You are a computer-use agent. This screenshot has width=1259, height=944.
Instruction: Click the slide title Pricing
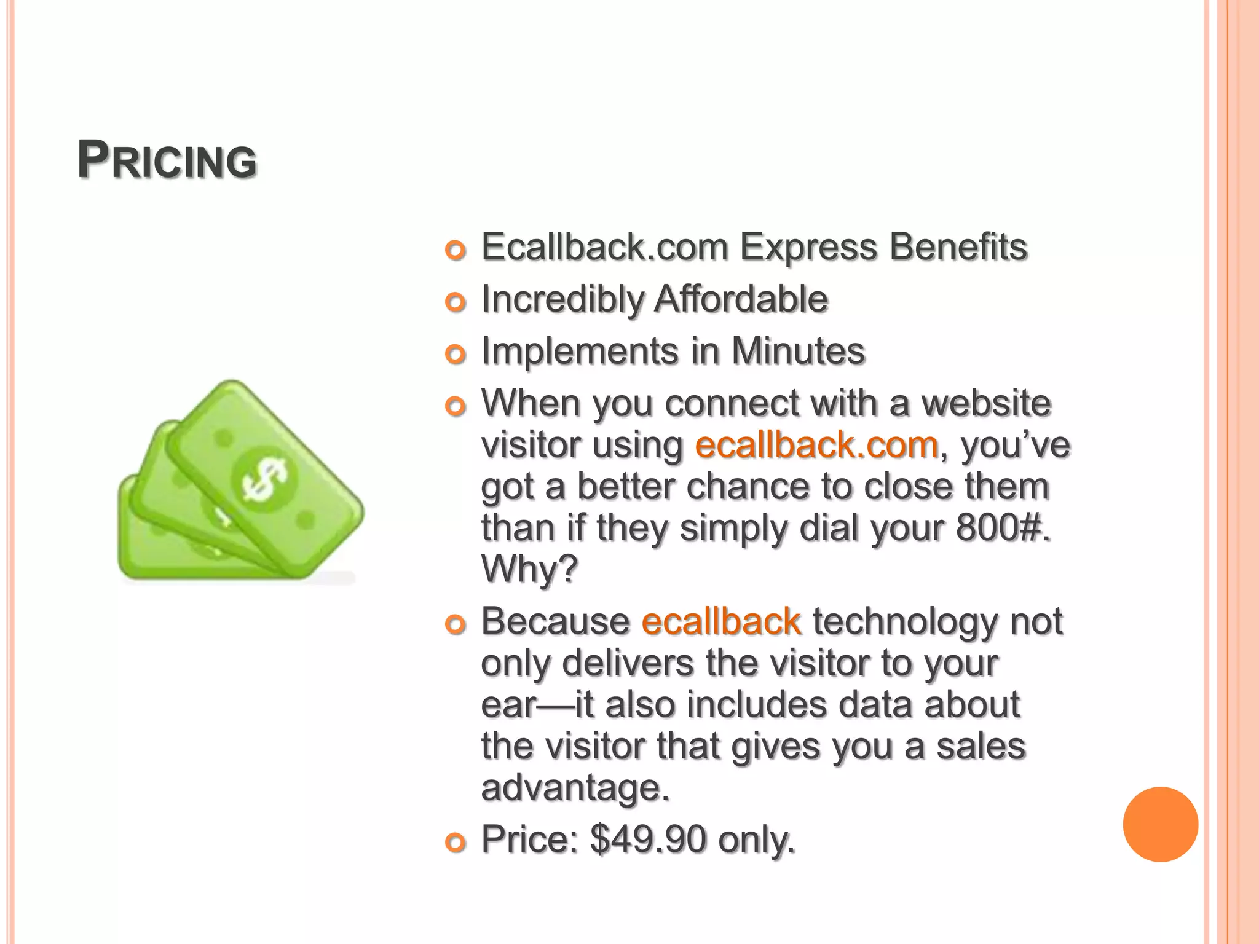tap(167, 161)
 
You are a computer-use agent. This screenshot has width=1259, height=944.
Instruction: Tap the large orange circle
tap(1160, 824)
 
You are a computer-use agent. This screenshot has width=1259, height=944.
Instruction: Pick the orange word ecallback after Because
tap(721, 621)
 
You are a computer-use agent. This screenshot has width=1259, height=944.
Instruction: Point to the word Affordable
tap(741, 299)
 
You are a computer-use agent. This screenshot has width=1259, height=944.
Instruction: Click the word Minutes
tap(798, 352)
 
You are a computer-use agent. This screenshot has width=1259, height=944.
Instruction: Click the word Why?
tap(529, 568)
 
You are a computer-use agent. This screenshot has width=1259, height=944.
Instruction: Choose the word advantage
tap(575, 787)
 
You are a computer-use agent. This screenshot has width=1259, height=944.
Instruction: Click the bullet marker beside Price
tap(456, 843)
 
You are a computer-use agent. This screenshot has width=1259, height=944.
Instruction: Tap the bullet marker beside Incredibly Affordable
tap(456, 302)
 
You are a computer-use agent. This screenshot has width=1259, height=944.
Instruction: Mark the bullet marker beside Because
tap(456, 624)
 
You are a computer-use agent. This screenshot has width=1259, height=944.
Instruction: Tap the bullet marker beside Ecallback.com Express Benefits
tap(456, 250)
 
